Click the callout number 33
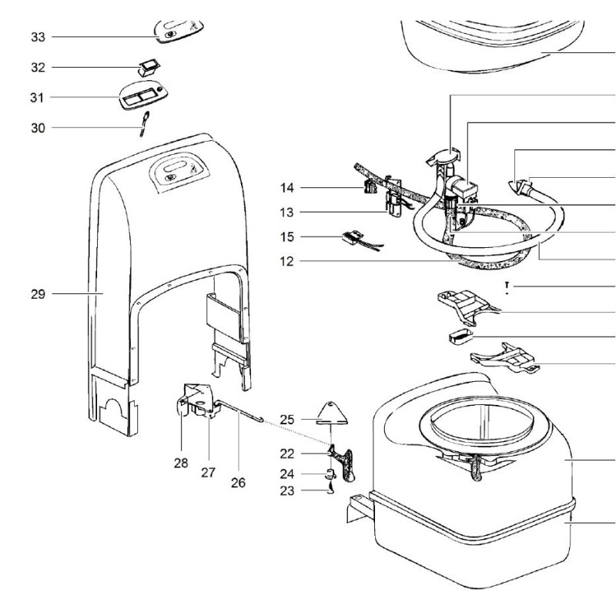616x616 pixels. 38,36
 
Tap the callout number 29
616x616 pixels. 38,293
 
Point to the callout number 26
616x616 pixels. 238,483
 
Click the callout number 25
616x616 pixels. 287,419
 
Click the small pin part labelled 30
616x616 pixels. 144,122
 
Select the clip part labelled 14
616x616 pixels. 368,187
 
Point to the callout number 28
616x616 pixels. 181,464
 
